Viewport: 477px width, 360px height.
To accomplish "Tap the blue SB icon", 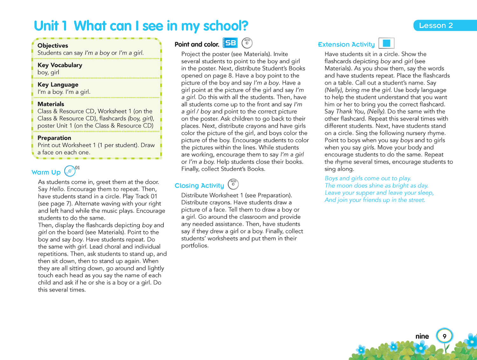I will tap(230, 43).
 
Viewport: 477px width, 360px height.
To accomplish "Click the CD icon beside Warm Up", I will tap(70, 171).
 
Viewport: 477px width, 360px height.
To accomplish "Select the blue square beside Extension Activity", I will tap(386, 43).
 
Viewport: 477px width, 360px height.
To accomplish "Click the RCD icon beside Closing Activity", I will tap(233, 184).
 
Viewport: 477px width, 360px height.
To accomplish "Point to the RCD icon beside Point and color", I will tap(247, 43).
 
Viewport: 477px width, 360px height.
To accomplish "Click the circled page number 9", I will tap(444, 336).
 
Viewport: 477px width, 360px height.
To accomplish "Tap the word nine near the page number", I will tap(422, 336).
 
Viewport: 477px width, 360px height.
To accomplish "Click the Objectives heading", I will tap(53, 45).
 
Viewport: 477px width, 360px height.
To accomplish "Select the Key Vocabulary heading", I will tap(60, 65).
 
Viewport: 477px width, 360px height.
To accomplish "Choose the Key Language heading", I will tap(58, 85).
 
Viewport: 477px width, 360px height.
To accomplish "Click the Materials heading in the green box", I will tap(51, 104).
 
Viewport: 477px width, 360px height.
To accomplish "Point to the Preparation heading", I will tap(54, 138).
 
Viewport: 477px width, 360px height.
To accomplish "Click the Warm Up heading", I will tap(46, 172).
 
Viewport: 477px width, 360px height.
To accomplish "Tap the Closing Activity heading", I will tap(199, 186).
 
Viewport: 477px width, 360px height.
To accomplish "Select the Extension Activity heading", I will tap(346, 45).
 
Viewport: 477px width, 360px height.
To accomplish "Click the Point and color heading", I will tap(197, 45).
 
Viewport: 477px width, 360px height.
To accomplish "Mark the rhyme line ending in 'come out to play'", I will tap(368, 178).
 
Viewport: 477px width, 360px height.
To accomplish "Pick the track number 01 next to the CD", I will tap(78, 168).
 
